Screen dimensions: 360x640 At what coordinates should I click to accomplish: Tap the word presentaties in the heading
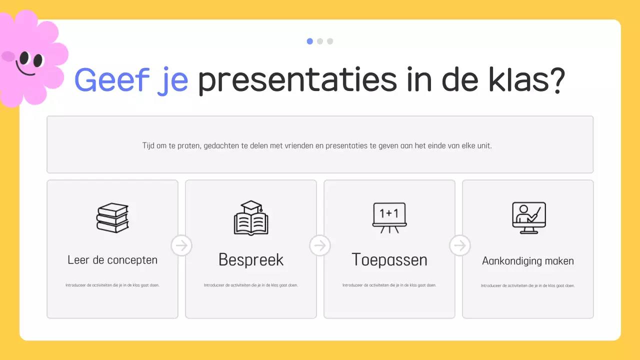[x=289, y=81]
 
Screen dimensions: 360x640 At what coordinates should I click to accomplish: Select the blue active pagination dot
[x=310, y=41]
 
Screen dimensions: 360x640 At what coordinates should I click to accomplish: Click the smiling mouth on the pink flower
[x=25, y=69]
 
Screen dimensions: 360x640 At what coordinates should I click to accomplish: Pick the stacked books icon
[x=112, y=217]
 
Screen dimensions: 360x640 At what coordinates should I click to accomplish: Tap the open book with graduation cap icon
[x=251, y=218]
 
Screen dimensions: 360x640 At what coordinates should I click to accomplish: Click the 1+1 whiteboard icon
[x=389, y=217]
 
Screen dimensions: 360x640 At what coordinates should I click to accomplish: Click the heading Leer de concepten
[x=112, y=260]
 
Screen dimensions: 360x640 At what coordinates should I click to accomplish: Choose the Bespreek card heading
[x=251, y=260]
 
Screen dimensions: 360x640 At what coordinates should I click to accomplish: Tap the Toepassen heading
[x=389, y=260]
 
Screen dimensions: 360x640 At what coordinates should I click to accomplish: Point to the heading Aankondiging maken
[x=528, y=261]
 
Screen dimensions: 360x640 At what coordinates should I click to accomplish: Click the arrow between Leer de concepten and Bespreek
[x=181, y=245]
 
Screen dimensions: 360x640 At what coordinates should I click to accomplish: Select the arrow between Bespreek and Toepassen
[x=320, y=245]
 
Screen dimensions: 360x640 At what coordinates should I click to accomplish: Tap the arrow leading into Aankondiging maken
[x=459, y=245]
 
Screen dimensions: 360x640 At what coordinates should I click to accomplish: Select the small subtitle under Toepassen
[x=389, y=285]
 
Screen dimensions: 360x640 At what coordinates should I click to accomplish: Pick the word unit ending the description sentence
[x=484, y=146]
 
